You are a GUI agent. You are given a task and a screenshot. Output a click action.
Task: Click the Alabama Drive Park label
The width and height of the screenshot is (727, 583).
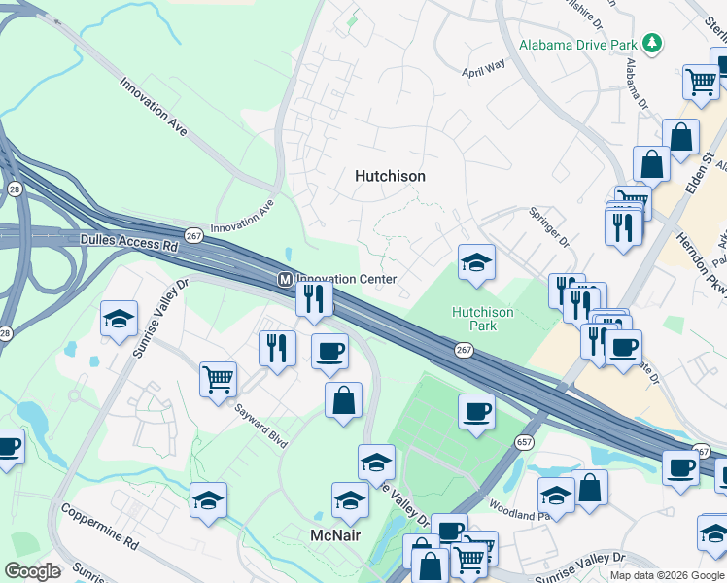pyautogui.click(x=577, y=45)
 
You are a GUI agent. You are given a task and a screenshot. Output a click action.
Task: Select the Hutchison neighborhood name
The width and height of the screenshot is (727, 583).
pyautogui.click(x=390, y=176)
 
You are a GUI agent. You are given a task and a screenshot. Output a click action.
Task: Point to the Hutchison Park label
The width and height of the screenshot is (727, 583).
pyautogui.click(x=482, y=319)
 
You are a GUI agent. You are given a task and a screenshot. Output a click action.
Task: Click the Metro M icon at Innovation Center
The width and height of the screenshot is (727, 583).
pyautogui.click(x=285, y=279)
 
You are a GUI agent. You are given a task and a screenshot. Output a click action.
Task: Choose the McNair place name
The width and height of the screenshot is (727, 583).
pyautogui.click(x=335, y=535)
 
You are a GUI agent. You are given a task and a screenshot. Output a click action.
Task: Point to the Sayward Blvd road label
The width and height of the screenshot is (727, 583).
pyautogui.click(x=261, y=427)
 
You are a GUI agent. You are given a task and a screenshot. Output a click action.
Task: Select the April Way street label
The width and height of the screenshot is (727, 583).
pyautogui.click(x=485, y=68)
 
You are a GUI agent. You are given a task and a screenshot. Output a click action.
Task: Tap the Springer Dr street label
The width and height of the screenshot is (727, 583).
pyautogui.click(x=546, y=224)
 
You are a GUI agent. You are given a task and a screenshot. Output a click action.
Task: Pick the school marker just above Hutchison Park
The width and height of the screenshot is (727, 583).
pyautogui.click(x=476, y=262)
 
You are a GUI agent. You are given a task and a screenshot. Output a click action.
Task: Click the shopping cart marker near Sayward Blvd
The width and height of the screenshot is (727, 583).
pyautogui.click(x=218, y=377)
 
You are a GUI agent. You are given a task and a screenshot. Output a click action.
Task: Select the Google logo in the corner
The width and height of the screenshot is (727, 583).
pyautogui.click(x=32, y=571)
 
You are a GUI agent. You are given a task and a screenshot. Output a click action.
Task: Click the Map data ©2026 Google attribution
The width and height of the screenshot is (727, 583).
pyautogui.click(x=668, y=575)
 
